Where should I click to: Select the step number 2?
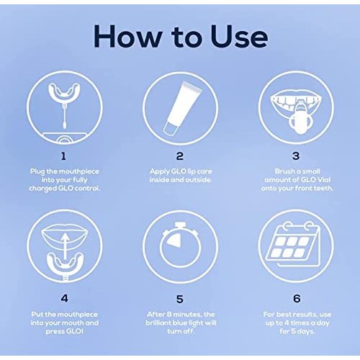click(x=179, y=156)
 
